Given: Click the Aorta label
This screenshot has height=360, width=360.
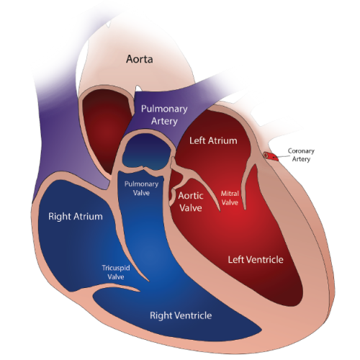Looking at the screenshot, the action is [140, 59].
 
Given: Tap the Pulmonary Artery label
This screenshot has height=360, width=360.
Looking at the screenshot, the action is [164, 115].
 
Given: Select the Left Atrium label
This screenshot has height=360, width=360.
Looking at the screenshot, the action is [213, 140].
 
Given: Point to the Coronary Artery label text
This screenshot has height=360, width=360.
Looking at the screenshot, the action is [301, 155].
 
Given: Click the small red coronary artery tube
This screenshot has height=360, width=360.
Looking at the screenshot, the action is [271, 156].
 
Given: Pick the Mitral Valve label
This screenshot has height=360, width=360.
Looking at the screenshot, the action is [230, 198].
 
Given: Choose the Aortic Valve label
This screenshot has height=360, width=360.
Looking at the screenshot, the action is [191, 202].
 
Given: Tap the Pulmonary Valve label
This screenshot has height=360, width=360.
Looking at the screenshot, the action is [141, 189].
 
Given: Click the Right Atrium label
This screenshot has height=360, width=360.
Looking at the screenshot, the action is [76, 217].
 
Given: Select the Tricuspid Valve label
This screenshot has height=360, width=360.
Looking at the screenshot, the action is [116, 272].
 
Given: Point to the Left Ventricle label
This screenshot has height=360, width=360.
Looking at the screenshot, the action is [256, 260].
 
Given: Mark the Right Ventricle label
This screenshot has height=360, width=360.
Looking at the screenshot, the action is [181, 315].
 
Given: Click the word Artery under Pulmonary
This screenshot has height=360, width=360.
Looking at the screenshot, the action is [164, 121].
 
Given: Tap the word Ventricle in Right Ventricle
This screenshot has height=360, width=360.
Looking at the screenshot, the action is [194, 315].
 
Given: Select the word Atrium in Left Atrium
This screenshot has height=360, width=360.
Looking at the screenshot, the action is [222, 140].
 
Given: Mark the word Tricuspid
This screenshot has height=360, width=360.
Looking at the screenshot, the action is [116, 269].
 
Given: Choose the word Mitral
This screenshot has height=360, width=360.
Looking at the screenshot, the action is [230, 194].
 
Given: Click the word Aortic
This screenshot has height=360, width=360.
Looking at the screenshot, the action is [191, 196].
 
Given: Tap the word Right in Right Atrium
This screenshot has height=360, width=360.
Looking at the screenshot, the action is [60, 217].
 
